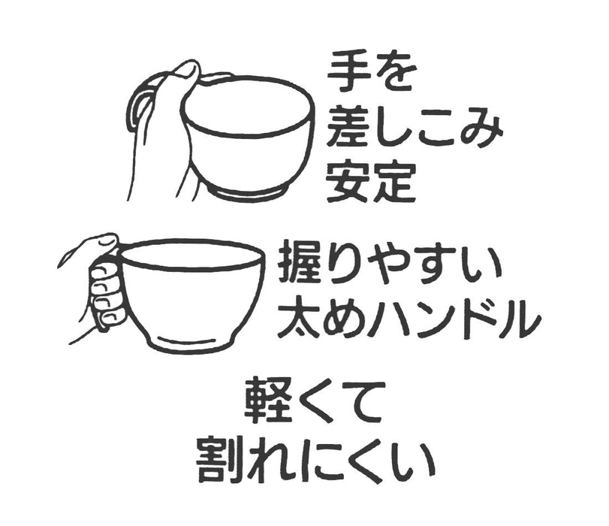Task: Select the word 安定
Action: (x=371, y=183)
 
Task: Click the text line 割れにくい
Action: (x=315, y=460)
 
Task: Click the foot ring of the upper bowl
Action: (x=249, y=191)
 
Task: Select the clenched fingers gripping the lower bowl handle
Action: (x=106, y=294)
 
